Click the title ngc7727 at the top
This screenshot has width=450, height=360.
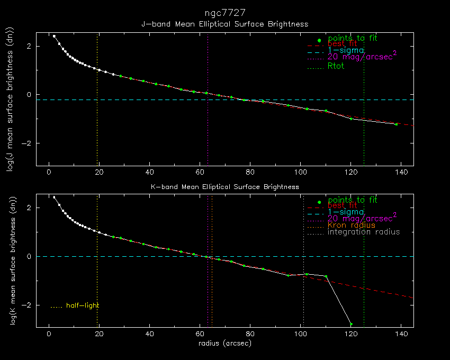225,12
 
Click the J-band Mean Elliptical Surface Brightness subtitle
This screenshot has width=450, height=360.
225,24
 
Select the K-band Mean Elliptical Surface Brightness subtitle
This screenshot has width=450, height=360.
225,187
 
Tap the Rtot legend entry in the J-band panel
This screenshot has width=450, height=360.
336,66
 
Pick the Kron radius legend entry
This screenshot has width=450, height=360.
351,225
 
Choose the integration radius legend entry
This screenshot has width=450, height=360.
364,232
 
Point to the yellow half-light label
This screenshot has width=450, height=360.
82,305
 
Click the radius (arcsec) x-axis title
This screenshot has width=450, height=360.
224,344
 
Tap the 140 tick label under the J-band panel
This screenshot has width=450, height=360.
401,172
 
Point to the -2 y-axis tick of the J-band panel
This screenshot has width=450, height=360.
29,143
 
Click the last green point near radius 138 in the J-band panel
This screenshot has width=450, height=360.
396,124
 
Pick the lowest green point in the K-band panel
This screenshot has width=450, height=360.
351,324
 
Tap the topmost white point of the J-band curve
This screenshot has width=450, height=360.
54,36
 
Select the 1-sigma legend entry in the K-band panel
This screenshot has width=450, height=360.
345,212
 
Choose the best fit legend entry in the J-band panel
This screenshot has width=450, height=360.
343,44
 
